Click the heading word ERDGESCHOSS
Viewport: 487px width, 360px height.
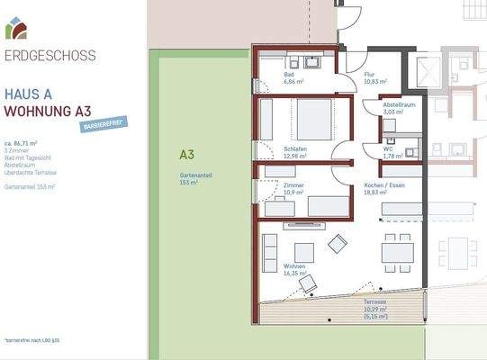(x=50, y=56)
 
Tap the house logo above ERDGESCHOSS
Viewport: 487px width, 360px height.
(x=15, y=30)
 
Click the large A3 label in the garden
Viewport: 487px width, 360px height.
(x=186, y=154)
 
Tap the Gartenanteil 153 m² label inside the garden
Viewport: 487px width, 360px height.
(x=194, y=178)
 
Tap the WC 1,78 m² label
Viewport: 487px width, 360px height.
(x=392, y=152)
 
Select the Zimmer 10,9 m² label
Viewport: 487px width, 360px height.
(x=293, y=188)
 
